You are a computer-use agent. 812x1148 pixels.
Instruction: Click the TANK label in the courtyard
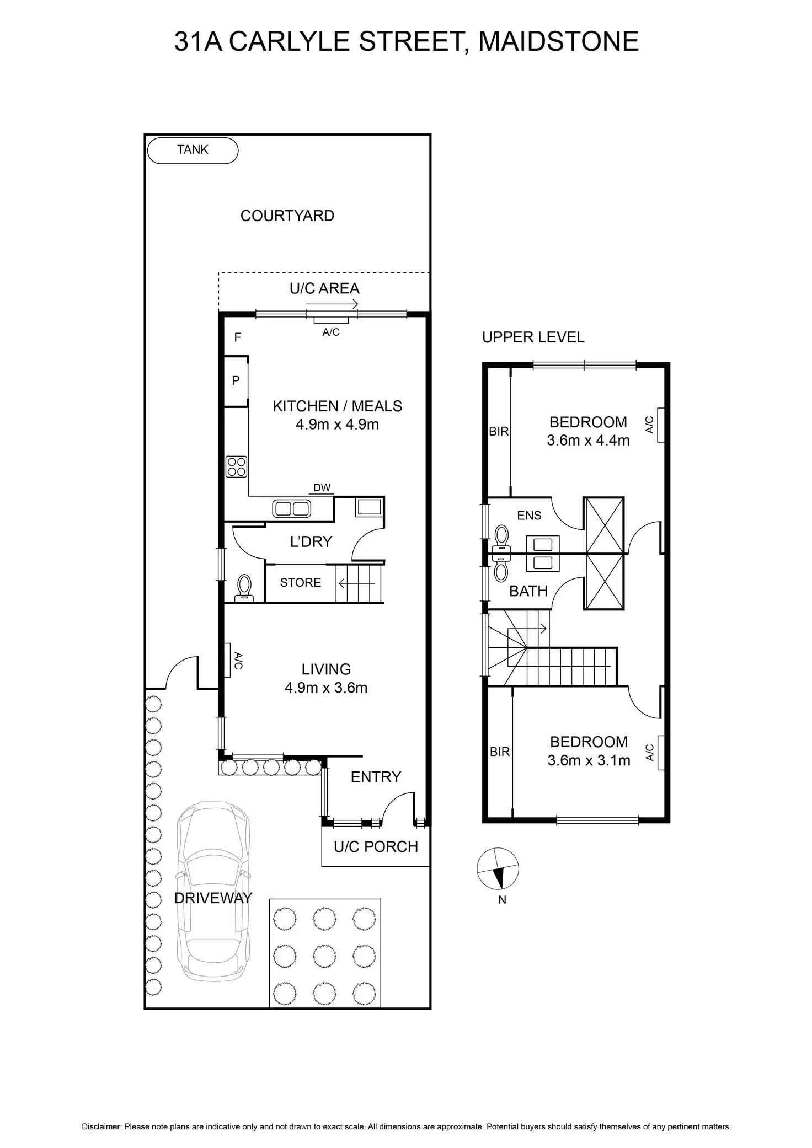pos(193,150)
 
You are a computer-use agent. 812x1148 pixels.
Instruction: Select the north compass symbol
pos(498,869)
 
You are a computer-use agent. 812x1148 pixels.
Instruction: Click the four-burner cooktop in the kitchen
pos(236,466)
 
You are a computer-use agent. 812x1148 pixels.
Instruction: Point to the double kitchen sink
pos(292,508)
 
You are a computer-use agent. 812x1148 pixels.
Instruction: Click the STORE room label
pos(300,583)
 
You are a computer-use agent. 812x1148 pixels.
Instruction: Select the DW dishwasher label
pos(322,487)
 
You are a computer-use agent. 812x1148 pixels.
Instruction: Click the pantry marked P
pos(236,380)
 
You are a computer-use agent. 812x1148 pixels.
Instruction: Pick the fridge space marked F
pos(237,337)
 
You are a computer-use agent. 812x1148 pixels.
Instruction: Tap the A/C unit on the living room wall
pos(227,660)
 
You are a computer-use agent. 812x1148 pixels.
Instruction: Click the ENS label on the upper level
pos(529,516)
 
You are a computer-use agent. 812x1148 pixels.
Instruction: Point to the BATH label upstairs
pos(528,591)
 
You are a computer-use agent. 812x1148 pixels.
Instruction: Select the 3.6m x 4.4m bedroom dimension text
pos(588,441)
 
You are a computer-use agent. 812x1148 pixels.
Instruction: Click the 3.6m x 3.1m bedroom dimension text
pos(589,760)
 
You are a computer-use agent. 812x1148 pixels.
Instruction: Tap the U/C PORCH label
pos(376,846)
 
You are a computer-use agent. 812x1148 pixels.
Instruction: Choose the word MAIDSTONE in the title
pos(558,41)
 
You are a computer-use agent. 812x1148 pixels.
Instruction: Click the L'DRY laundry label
pos(311,541)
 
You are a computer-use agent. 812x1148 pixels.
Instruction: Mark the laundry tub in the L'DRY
pos(368,506)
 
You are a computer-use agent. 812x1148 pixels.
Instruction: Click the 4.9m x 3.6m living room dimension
pos(326,688)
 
